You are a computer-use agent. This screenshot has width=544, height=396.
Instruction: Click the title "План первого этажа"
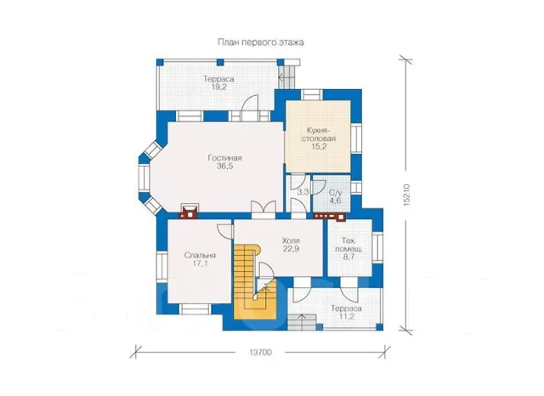[x=261, y=42]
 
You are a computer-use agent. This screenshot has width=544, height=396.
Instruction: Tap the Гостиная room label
[x=224, y=158]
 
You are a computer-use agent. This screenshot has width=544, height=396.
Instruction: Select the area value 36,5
[x=224, y=167]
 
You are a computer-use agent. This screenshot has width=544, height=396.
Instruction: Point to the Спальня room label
[x=200, y=256]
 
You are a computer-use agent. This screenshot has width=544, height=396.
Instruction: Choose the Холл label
[x=291, y=240]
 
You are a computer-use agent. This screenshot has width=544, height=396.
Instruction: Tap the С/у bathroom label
[x=335, y=193]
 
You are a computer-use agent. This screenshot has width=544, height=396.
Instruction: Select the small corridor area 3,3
[x=303, y=192]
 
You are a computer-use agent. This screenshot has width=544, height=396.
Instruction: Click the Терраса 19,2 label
[x=218, y=83]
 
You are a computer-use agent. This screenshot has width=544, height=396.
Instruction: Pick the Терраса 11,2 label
[x=346, y=313]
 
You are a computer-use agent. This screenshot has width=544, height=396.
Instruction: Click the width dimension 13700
[x=260, y=353]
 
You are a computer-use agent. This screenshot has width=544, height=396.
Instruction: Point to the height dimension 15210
[x=407, y=195]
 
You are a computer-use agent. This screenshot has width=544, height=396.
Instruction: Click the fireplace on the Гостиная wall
[x=189, y=212]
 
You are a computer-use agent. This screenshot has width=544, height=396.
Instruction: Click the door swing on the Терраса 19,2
[x=250, y=103]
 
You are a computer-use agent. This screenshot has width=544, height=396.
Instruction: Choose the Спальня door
[x=225, y=231]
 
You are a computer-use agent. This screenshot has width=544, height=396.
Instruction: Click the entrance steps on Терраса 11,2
[x=303, y=322]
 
